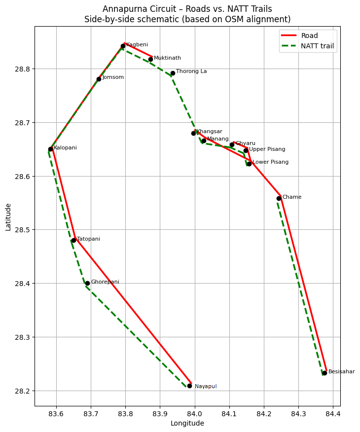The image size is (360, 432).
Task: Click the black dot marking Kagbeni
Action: coord(123,46)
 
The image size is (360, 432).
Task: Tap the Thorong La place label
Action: coord(191,72)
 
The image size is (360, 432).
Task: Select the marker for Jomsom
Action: coord(99,79)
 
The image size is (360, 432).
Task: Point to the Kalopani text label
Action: coord(65,148)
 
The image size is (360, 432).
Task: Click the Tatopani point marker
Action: coord(73,240)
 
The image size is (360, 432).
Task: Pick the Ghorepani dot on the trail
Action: coord(87,283)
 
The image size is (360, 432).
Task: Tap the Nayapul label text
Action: coord(206,387)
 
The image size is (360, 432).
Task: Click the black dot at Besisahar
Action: coord(324,373)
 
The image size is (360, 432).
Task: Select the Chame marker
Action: coord(279,198)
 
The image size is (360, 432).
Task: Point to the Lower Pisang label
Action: coord(271,162)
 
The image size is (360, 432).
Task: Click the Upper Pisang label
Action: coord(267,149)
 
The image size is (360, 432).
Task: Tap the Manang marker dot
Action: coord(204,141)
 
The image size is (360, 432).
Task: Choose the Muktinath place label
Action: coord(167,58)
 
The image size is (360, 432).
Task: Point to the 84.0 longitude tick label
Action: coord(194,413)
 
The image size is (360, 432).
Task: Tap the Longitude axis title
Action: coord(187,423)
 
